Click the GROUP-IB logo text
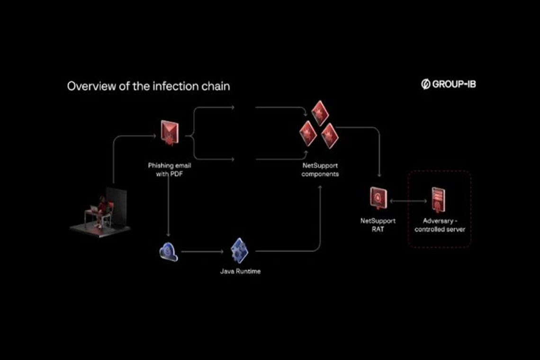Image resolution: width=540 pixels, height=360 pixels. pyautogui.click(x=449, y=85)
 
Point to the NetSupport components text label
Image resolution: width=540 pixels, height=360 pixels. pyautogui.click(x=321, y=170)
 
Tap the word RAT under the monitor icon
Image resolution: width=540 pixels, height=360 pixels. pyautogui.click(x=378, y=229)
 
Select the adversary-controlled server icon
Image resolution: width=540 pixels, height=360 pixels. pyautogui.click(x=438, y=199)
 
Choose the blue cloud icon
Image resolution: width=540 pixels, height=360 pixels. pyautogui.click(x=168, y=252)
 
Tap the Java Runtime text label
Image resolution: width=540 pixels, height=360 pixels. pyautogui.click(x=240, y=271)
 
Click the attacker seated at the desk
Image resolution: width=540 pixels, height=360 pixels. pyautogui.click(x=101, y=208)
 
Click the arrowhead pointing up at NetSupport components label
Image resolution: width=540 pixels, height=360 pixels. pyautogui.click(x=321, y=187)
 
